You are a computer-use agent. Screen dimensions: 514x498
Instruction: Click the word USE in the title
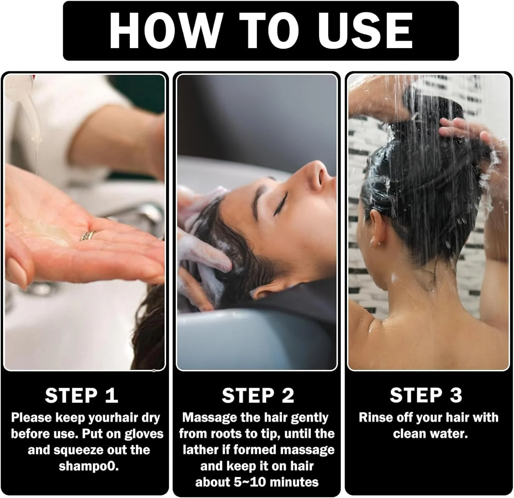pos(365,31)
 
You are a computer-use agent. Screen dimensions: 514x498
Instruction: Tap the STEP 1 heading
pos(82,395)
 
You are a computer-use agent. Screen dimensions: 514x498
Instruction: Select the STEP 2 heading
pos(258,395)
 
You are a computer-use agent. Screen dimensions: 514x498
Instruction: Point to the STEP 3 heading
pos(426,395)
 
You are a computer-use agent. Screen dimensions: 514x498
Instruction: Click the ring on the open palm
pos(88,235)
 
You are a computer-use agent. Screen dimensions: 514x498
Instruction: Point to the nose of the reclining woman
pos(317,171)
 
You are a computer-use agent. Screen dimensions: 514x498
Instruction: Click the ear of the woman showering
pos(375,229)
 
